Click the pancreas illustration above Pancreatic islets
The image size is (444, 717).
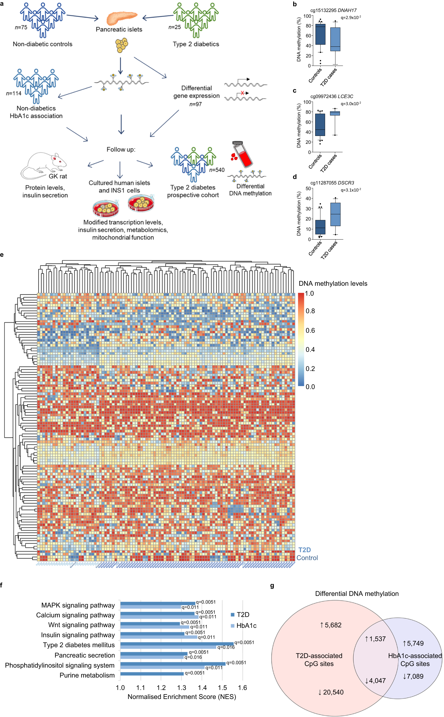click(121, 18)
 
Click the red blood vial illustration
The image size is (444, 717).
click(242, 154)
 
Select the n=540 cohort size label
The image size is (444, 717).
click(217, 170)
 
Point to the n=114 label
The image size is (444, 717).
click(14, 93)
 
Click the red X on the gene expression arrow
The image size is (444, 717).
click(242, 93)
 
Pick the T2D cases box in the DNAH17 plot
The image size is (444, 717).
click(335, 39)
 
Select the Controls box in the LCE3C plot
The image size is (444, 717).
click(320, 125)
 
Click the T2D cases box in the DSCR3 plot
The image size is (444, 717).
click(335, 214)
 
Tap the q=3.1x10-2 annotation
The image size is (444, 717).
click(351, 190)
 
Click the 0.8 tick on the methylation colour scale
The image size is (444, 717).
click(310, 311)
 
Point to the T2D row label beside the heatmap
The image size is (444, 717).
click(304, 550)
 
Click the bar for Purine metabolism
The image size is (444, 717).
click(152, 674)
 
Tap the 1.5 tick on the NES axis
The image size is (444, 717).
click(222, 688)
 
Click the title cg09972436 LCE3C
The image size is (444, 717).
click(332, 97)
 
